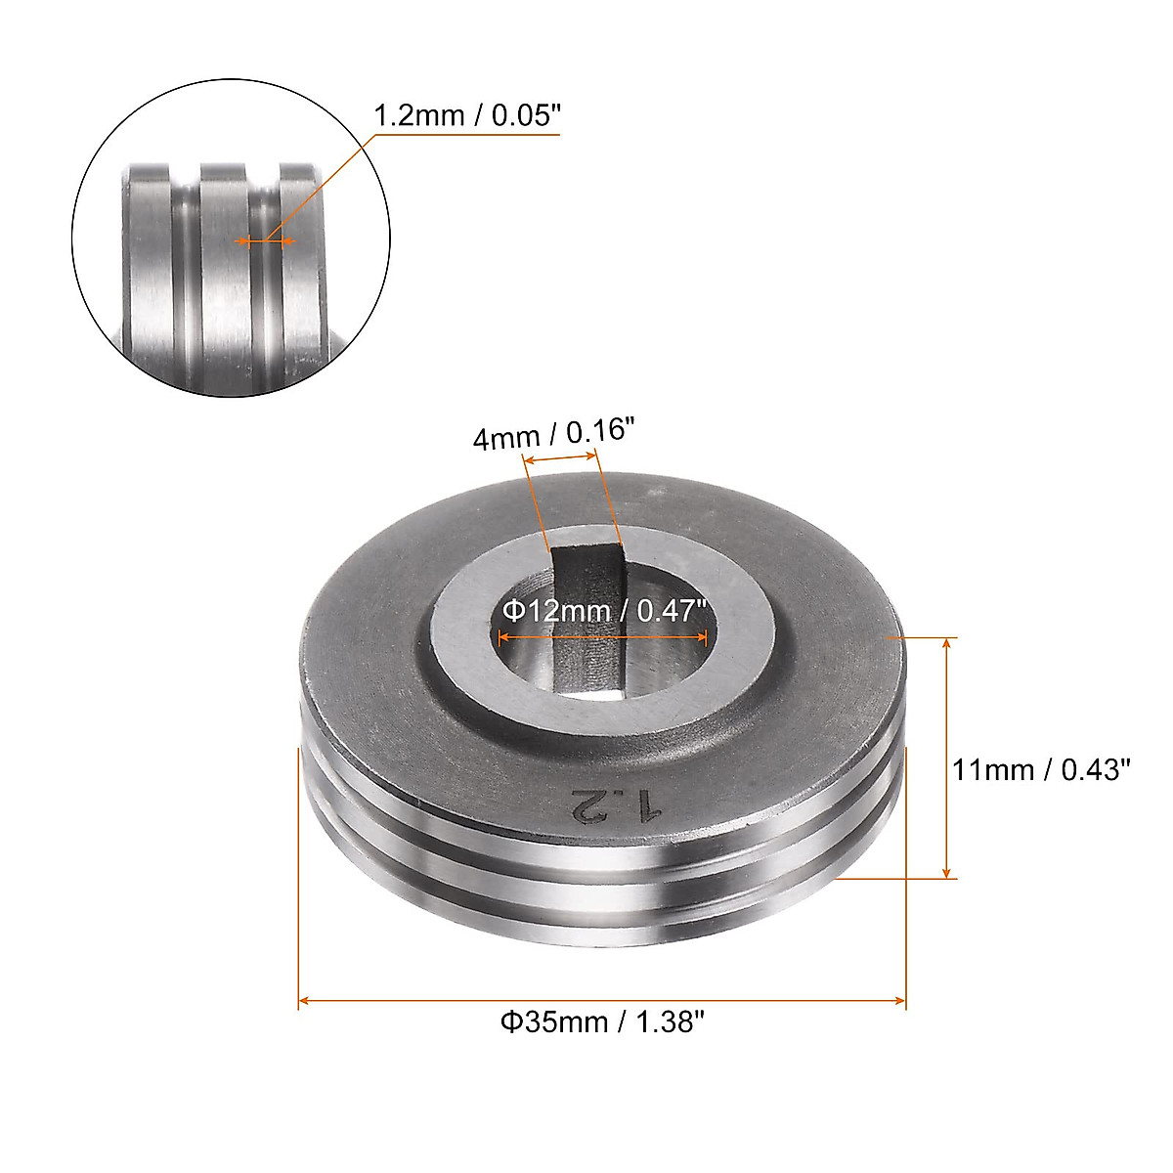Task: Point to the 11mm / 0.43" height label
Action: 1040,770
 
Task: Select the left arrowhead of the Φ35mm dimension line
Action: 304,1000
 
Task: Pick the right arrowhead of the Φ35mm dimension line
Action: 899,1000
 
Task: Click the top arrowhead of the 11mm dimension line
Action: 946,644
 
